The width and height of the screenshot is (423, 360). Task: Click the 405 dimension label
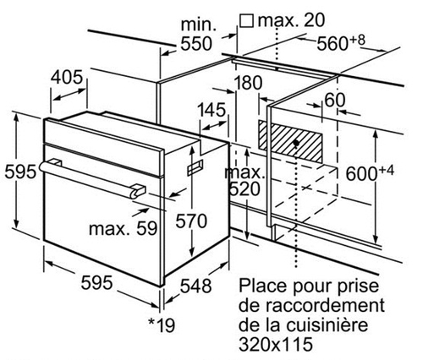tap(67, 77)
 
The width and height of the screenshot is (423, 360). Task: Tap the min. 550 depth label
tap(196, 35)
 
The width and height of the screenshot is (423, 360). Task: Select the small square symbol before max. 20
tap(247, 21)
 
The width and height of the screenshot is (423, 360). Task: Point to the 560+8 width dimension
tap(341, 43)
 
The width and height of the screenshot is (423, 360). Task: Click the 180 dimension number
tap(248, 83)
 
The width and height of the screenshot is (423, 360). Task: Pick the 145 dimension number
tap(211, 110)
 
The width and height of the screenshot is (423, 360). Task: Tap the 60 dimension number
tap(335, 100)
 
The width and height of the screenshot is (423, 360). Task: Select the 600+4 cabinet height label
tap(370, 172)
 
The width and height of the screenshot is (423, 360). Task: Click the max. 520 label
tap(244, 181)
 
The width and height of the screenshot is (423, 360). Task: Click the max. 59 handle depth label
tap(123, 228)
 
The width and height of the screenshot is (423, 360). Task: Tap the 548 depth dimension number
tap(195, 286)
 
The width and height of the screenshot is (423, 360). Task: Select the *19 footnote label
tap(162, 325)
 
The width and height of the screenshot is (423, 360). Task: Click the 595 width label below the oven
tap(96, 282)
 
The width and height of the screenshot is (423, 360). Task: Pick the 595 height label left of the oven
tap(20, 172)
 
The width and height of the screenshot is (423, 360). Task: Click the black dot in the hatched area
tap(296, 143)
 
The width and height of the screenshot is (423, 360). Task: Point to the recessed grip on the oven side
tap(195, 167)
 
